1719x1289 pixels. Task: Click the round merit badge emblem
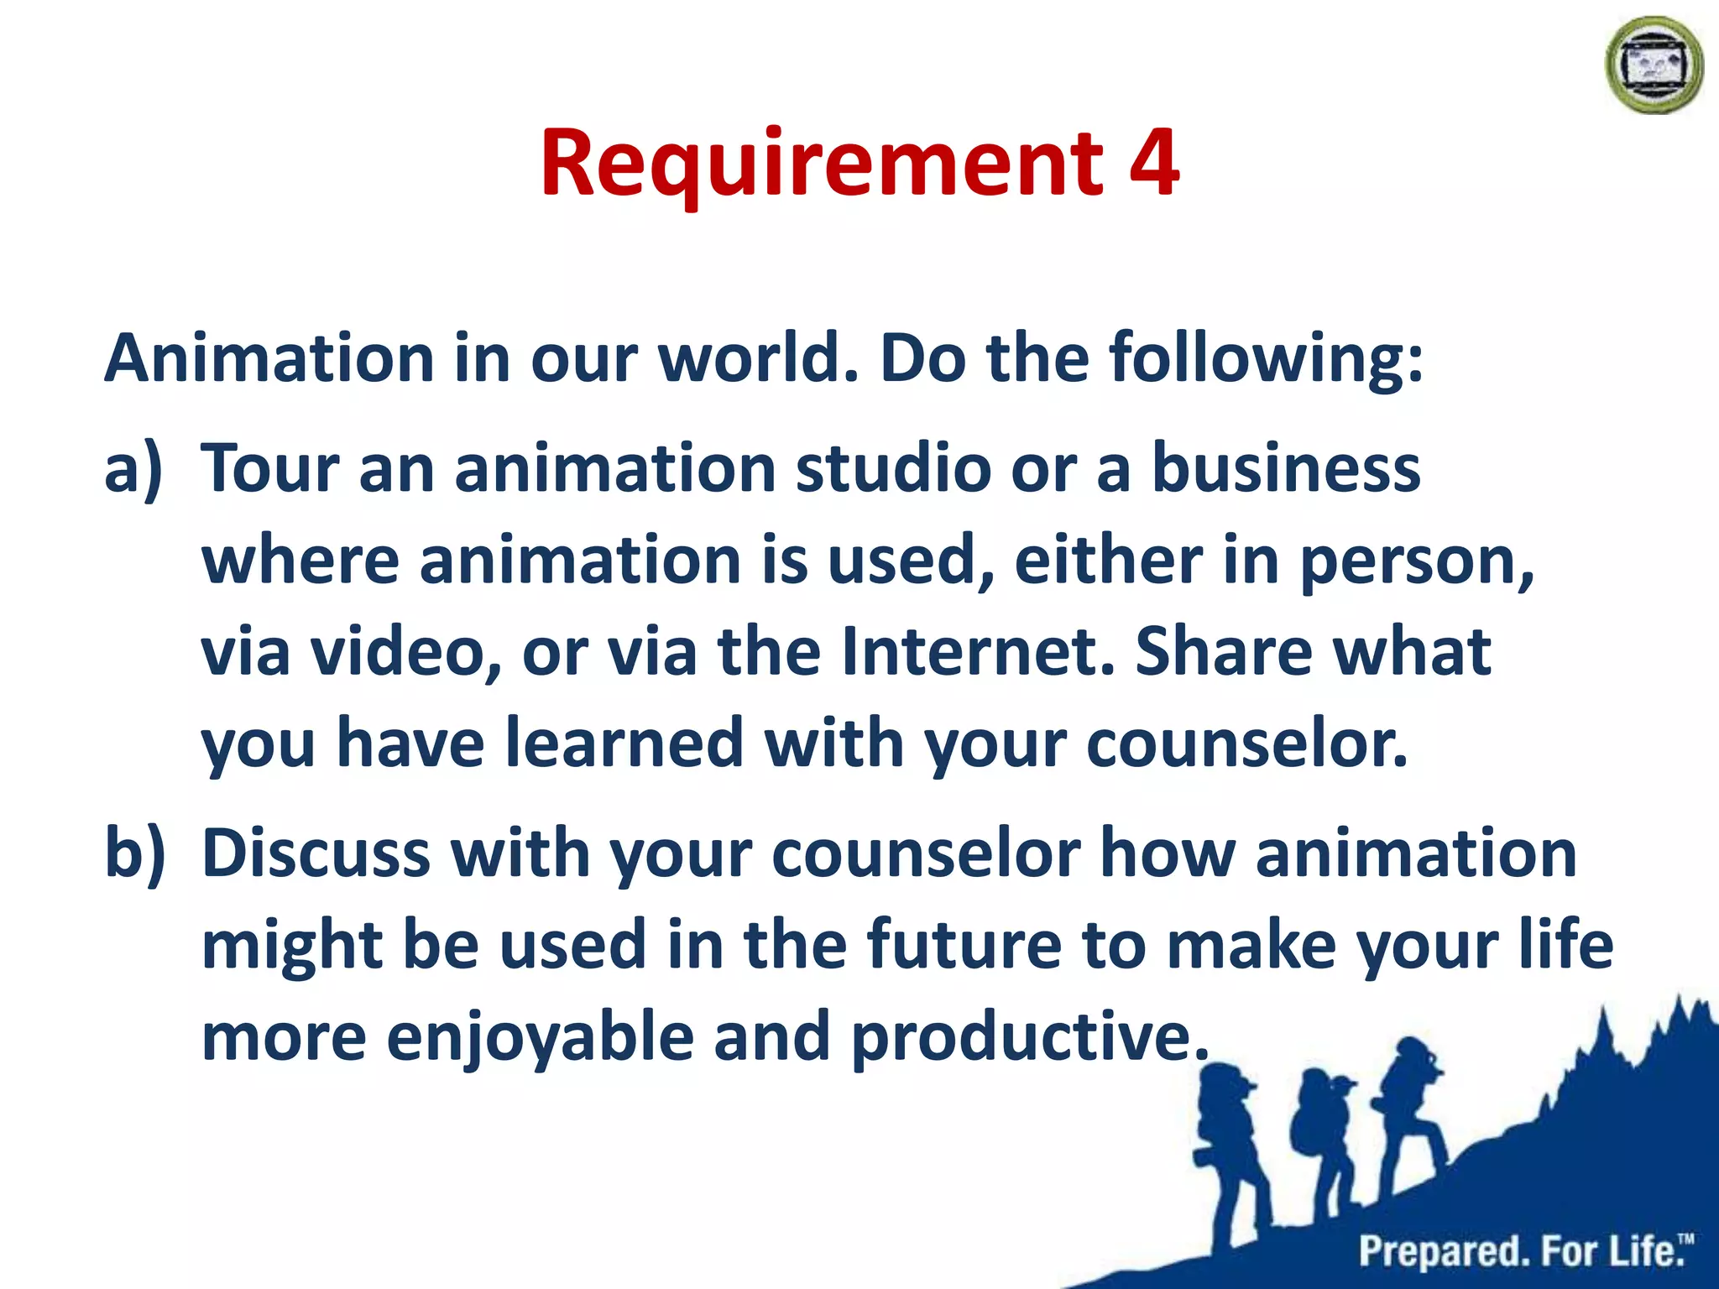coord(1654,65)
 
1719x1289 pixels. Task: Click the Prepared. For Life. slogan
coord(1523,1251)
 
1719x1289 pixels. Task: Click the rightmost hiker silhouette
coord(1410,1108)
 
